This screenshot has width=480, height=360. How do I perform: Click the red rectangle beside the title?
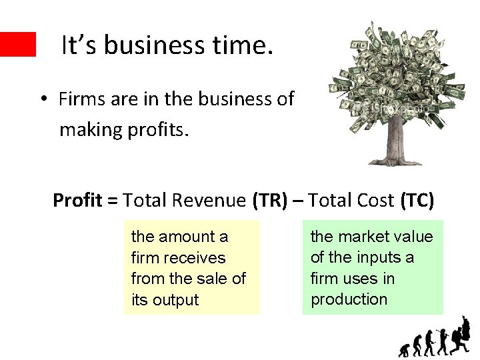point(17,44)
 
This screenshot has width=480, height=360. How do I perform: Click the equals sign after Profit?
point(111,200)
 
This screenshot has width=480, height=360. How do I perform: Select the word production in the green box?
point(349,299)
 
